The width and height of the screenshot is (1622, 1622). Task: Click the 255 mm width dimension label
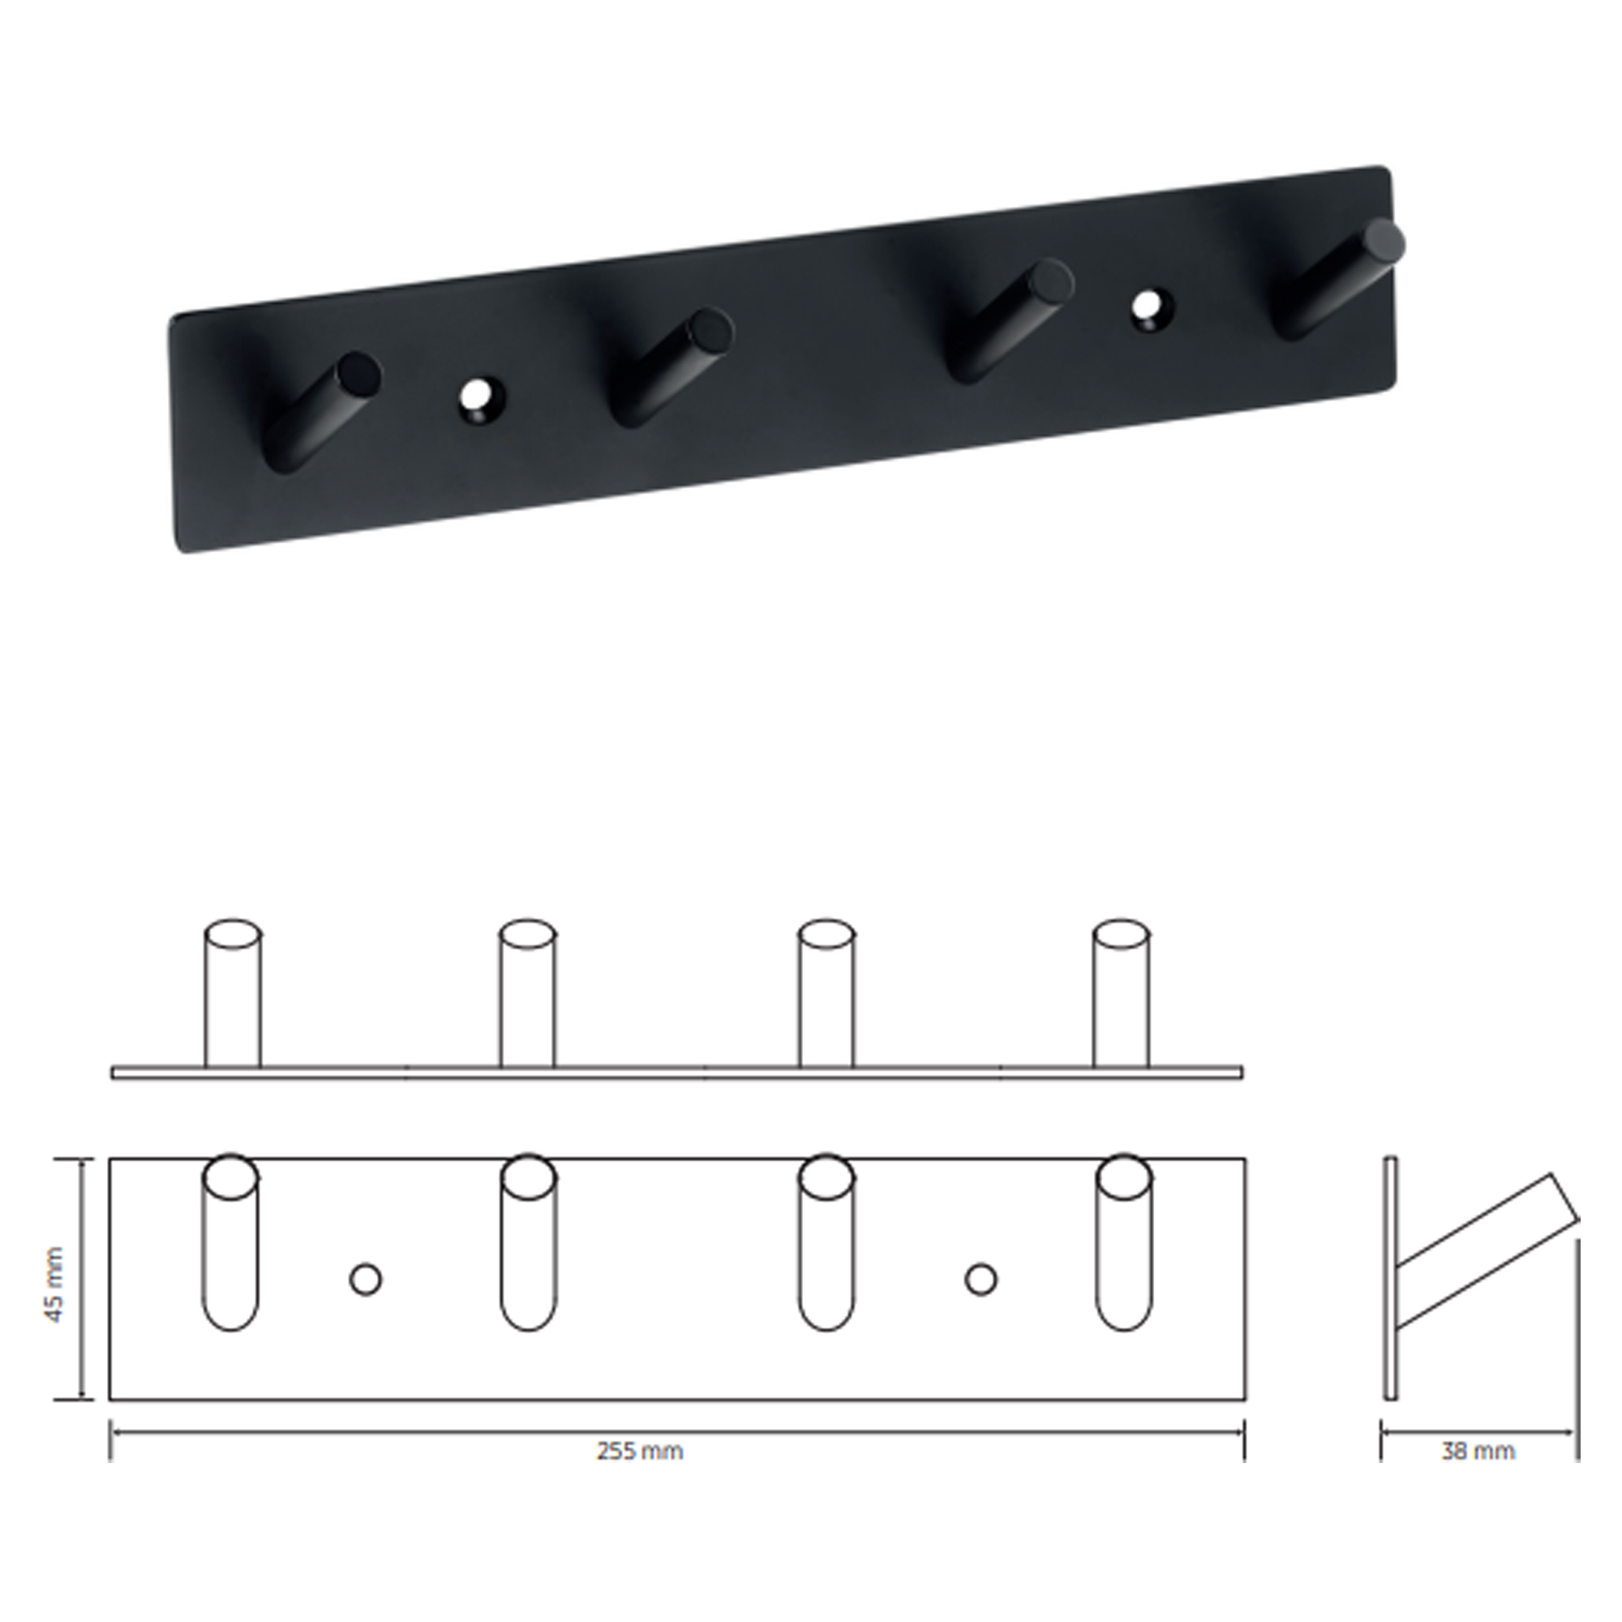point(640,1451)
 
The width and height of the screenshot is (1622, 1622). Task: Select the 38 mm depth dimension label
point(1478,1451)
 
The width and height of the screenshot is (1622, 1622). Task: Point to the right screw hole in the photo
point(1152,309)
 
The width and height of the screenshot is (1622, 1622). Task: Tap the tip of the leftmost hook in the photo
point(358,374)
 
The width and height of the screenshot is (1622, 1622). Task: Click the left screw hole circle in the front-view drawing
point(365,1281)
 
